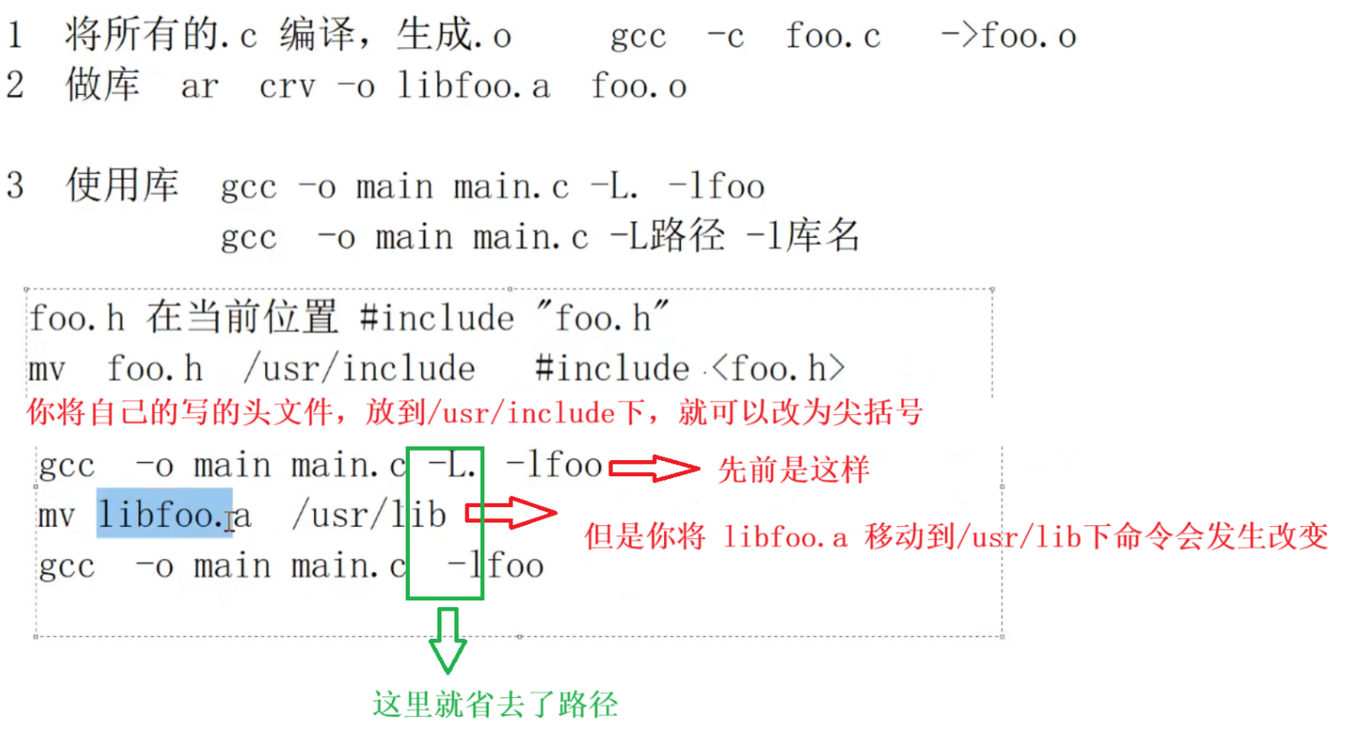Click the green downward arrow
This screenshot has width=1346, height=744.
coord(448,640)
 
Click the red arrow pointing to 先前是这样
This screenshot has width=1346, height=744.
coord(654,469)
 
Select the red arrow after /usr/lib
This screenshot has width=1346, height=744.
coord(510,513)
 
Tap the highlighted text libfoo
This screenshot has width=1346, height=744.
coord(163,514)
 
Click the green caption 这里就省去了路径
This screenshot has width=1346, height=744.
coord(495,705)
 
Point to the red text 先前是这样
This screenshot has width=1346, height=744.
coord(793,469)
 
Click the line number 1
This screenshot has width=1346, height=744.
coord(15,35)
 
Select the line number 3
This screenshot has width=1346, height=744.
coord(15,186)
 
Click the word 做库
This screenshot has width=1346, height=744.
coord(102,85)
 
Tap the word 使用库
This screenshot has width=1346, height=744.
coord(122,186)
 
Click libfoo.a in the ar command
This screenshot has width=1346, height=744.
coord(473,86)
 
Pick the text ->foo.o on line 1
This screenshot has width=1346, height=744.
coord(1008,36)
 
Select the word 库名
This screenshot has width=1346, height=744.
coord(822,236)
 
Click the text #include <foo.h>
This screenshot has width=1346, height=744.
coord(690,369)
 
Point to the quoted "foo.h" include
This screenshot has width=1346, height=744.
coord(602,318)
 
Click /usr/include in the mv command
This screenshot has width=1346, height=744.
coord(359,369)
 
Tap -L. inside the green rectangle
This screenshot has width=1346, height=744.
coord(451,466)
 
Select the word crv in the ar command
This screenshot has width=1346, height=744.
coord(288,86)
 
